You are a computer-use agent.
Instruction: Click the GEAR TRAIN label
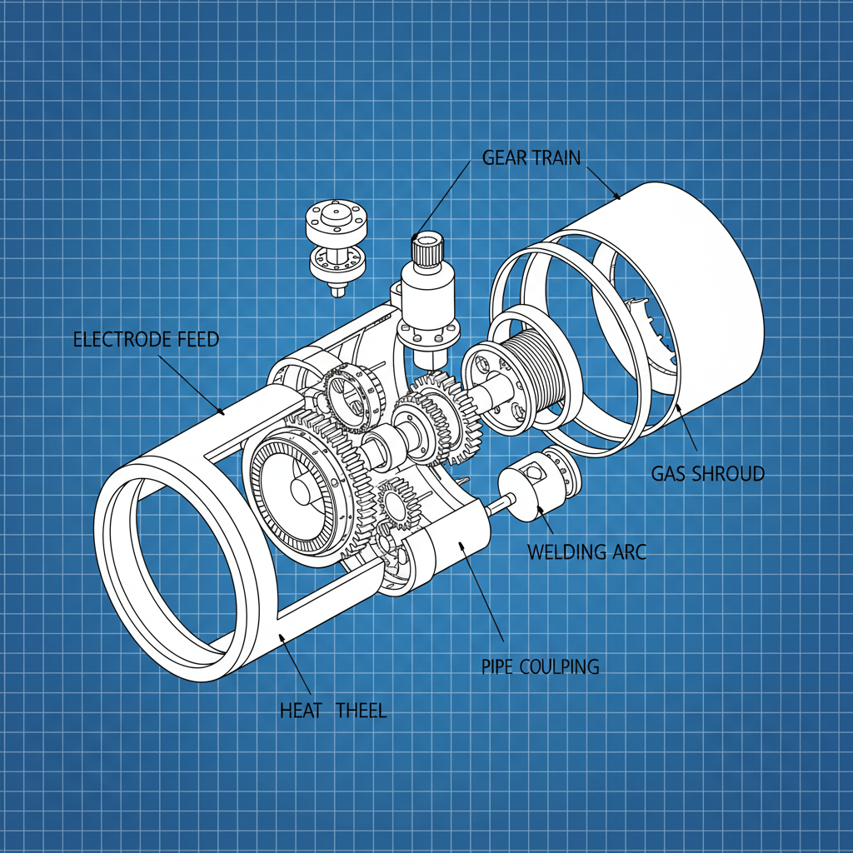click(x=531, y=157)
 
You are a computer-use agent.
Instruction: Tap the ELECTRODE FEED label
click(x=146, y=339)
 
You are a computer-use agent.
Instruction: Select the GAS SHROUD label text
click(x=707, y=474)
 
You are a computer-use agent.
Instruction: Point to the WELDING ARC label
click(x=586, y=551)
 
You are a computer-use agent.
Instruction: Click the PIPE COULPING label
click(x=540, y=666)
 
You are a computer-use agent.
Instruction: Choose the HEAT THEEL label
click(x=333, y=711)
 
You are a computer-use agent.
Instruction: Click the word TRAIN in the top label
click(x=558, y=157)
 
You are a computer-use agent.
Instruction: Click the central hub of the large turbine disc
click(x=302, y=491)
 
